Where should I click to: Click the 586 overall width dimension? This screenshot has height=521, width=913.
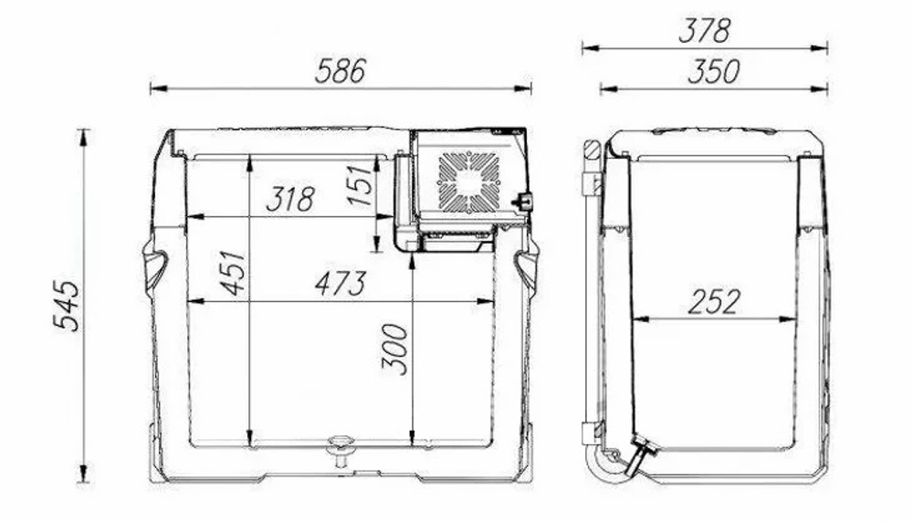[x=340, y=70]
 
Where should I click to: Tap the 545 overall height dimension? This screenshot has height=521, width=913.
[x=67, y=307]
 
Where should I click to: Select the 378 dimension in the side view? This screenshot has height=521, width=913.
[x=704, y=31]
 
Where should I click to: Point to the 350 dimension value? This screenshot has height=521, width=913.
[x=714, y=71]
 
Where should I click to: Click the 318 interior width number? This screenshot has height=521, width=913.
[x=290, y=199]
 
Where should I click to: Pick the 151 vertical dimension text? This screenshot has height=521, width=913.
[x=360, y=184]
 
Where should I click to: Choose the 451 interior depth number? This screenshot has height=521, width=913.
[x=233, y=273]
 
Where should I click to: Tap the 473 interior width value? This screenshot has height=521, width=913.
[x=341, y=284]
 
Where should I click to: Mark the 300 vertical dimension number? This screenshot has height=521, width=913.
[x=394, y=349]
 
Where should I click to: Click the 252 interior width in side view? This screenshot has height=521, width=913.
[x=715, y=301]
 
